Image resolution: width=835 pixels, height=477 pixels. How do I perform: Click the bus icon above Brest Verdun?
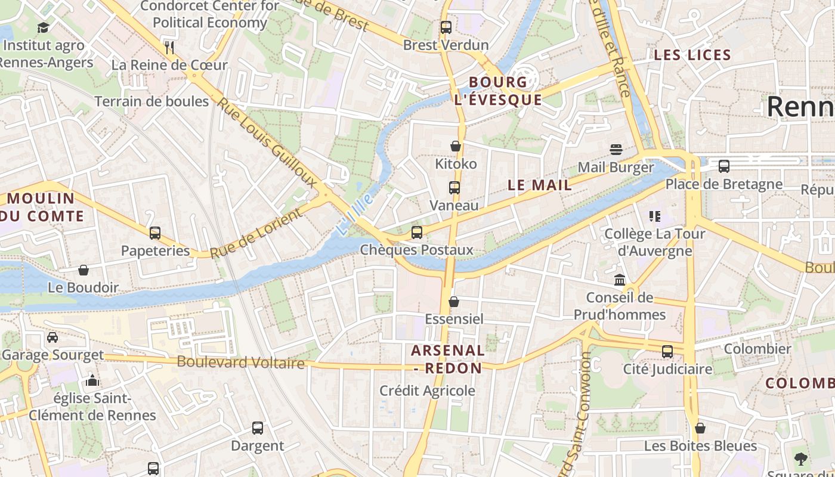click(446, 27)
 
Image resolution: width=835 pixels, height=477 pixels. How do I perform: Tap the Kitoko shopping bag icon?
click(456, 146)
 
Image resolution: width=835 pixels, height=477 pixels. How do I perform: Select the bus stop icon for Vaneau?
click(454, 188)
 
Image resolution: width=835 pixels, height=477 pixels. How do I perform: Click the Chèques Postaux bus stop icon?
click(417, 233)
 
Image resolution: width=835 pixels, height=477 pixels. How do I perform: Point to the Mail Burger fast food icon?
click(616, 149)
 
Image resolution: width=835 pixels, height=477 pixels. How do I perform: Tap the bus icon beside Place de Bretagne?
click(724, 166)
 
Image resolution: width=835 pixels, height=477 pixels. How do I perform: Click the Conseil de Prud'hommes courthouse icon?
click(620, 280)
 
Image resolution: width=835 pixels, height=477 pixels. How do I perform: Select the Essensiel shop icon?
click(454, 302)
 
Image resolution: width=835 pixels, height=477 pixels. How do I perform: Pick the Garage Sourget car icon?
click(52, 337)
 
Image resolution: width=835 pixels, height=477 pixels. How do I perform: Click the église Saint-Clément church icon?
click(92, 380)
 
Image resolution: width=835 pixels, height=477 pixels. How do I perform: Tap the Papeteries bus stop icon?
click(155, 233)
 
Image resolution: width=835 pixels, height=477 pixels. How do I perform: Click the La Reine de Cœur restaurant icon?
click(169, 47)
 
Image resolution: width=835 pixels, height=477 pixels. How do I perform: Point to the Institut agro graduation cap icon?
click(43, 27)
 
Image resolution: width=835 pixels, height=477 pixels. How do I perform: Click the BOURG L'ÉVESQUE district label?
click(498, 91)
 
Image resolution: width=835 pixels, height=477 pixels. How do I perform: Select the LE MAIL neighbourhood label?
click(540, 185)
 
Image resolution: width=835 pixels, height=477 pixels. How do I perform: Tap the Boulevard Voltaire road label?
click(240, 362)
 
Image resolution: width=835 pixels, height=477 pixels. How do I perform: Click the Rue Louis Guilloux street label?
click(266, 142)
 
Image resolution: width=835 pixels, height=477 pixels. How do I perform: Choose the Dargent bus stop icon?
click(258, 428)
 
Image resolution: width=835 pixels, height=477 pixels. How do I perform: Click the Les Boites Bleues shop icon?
click(700, 428)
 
